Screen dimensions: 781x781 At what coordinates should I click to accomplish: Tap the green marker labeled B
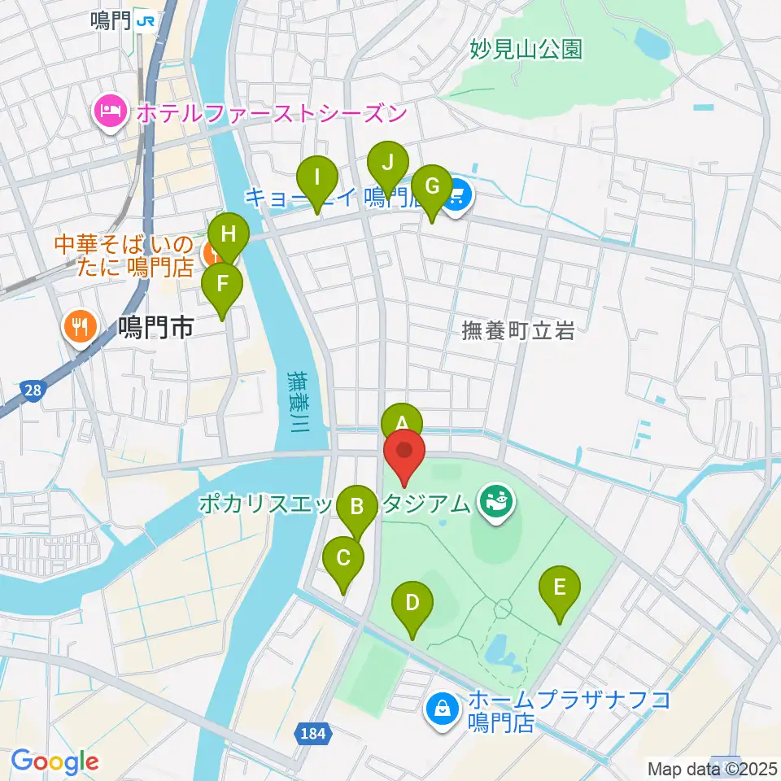pyautogui.click(x=356, y=508)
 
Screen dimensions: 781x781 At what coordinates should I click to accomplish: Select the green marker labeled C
pyautogui.click(x=343, y=559)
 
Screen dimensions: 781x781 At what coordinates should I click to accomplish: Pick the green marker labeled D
pyautogui.click(x=412, y=603)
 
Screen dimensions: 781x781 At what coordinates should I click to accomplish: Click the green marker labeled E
pyautogui.click(x=560, y=587)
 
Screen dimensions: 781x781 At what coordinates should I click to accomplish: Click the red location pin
pyautogui.click(x=404, y=451)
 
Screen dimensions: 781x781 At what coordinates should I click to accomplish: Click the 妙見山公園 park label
pyautogui.click(x=526, y=50)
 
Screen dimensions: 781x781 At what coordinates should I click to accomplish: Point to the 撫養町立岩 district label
pyautogui.click(x=518, y=330)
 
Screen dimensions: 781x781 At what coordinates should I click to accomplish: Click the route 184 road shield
pyautogui.click(x=316, y=734)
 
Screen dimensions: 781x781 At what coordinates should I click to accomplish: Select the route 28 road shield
pyautogui.click(x=33, y=391)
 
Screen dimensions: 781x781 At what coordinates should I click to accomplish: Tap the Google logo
pyautogui.click(x=55, y=761)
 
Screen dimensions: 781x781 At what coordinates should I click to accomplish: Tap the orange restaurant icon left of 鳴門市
pyautogui.click(x=80, y=328)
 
